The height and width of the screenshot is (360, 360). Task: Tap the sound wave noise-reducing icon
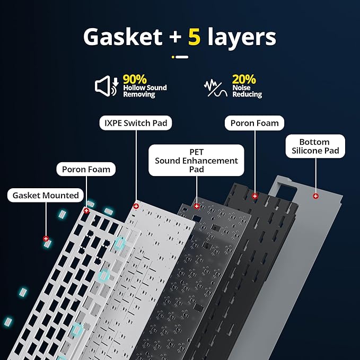(215, 86)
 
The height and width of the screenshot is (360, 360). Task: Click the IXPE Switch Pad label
(135, 124)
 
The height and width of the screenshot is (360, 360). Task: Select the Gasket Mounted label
(46, 195)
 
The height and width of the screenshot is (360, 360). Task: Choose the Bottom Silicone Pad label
(314, 146)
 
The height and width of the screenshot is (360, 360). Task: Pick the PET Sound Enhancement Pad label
(196, 161)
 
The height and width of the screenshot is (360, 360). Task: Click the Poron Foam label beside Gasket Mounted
(86, 170)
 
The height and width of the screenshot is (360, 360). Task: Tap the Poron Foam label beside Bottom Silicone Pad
(254, 123)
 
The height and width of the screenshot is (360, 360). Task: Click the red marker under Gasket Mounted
(46, 239)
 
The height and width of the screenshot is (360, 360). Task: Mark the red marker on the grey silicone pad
(316, 196)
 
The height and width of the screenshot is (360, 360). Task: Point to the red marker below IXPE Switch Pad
(136, 206)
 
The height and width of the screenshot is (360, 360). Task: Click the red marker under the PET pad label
(197, 206)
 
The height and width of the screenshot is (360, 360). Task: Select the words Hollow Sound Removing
(145, 91)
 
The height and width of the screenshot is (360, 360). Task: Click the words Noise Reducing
(247, 91)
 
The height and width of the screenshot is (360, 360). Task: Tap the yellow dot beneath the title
(173, 57)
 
